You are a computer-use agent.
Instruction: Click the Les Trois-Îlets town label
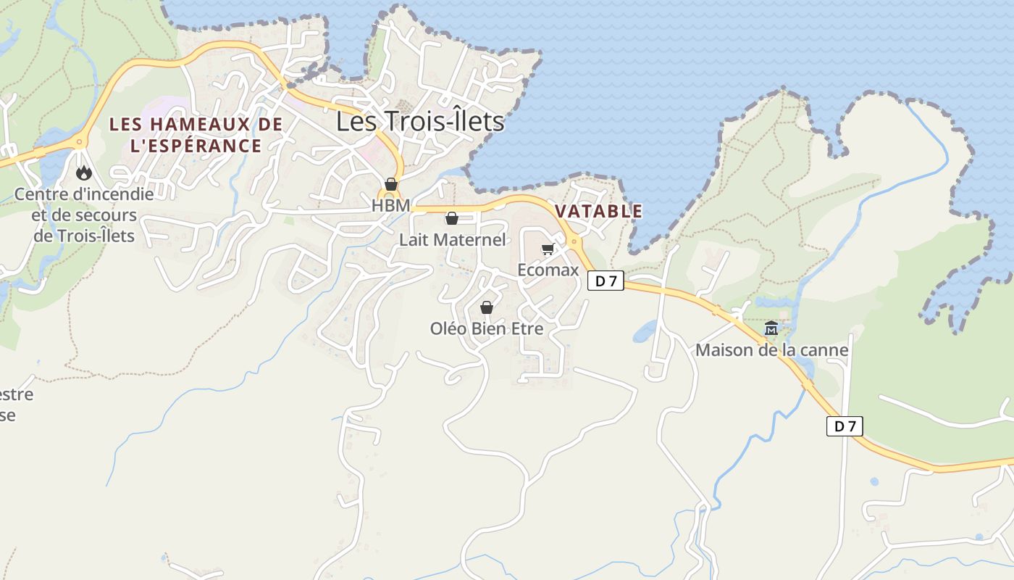pyautogui.click(x=420, y=121)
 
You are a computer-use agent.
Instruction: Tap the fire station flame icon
pyautogui.click(x=84, y=173)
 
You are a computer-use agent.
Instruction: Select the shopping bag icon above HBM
pyautogui.click(x=391, y=184)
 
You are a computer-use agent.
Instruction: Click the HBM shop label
pyautogui.click(x=390, y=205)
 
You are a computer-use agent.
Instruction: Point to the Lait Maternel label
pyautogui.click(x=453, y=239)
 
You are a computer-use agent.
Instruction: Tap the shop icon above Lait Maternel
pyautogui.click(x=452, y=218)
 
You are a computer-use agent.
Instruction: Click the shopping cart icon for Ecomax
pyautogui.click(x=548, y=249)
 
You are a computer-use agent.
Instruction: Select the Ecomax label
pyautogui.click(x=548, y=270)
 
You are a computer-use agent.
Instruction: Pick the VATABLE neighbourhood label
pyautogui.click(x=598, y=211)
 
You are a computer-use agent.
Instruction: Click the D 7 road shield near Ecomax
pyautogui.click(x=606, y=281)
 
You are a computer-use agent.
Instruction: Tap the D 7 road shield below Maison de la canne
pyautogui.click(x=845, y=426)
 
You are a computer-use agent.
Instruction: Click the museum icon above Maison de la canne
pyautogui.click(x=771, y=328)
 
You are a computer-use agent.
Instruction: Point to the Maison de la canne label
pyautogui.click(x=771, y=350)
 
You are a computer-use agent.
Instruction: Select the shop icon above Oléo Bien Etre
pyautogui.click(x=487, y=307)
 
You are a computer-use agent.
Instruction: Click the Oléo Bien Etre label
pyautogui.click(x=487, y=328)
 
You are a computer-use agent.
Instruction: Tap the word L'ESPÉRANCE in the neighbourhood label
pyautogui.click(x=196, y=146)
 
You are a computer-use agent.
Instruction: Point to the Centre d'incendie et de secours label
pyautogui.click(x=84, y=215)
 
